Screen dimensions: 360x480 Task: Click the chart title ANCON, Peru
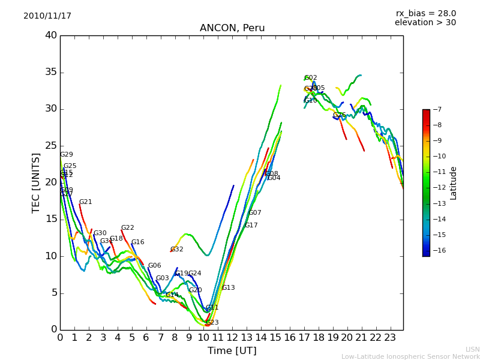[x=232, y=28]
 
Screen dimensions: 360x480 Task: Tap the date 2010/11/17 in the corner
[x=47, y=16]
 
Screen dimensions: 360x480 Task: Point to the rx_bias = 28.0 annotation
[x=425, y=13]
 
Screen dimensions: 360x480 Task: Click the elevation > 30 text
[x=425, y=23]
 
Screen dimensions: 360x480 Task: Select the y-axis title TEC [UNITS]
[x=37, y=183]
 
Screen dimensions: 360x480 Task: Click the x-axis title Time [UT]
[x=232, y=351]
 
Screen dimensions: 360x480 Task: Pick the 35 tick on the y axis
[x=51, y=73]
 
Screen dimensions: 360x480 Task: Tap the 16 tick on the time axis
[x=290, y=338]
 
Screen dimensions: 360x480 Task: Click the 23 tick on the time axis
[x=390, y=338]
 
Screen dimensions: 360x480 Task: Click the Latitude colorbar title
[x=454, y=183]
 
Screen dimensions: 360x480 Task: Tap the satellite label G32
[x=177, y=250]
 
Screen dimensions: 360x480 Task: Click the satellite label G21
[x=86, y=202]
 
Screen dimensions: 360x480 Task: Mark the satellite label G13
[x=229, y=288]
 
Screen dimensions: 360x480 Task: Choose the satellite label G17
[x=251, y=226]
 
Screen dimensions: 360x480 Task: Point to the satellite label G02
[x=311, y=78]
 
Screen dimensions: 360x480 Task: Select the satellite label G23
[x=212, y=323]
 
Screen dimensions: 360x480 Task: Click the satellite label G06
[x=155, y=266]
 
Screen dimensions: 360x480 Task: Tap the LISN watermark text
[x=472, y=349]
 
